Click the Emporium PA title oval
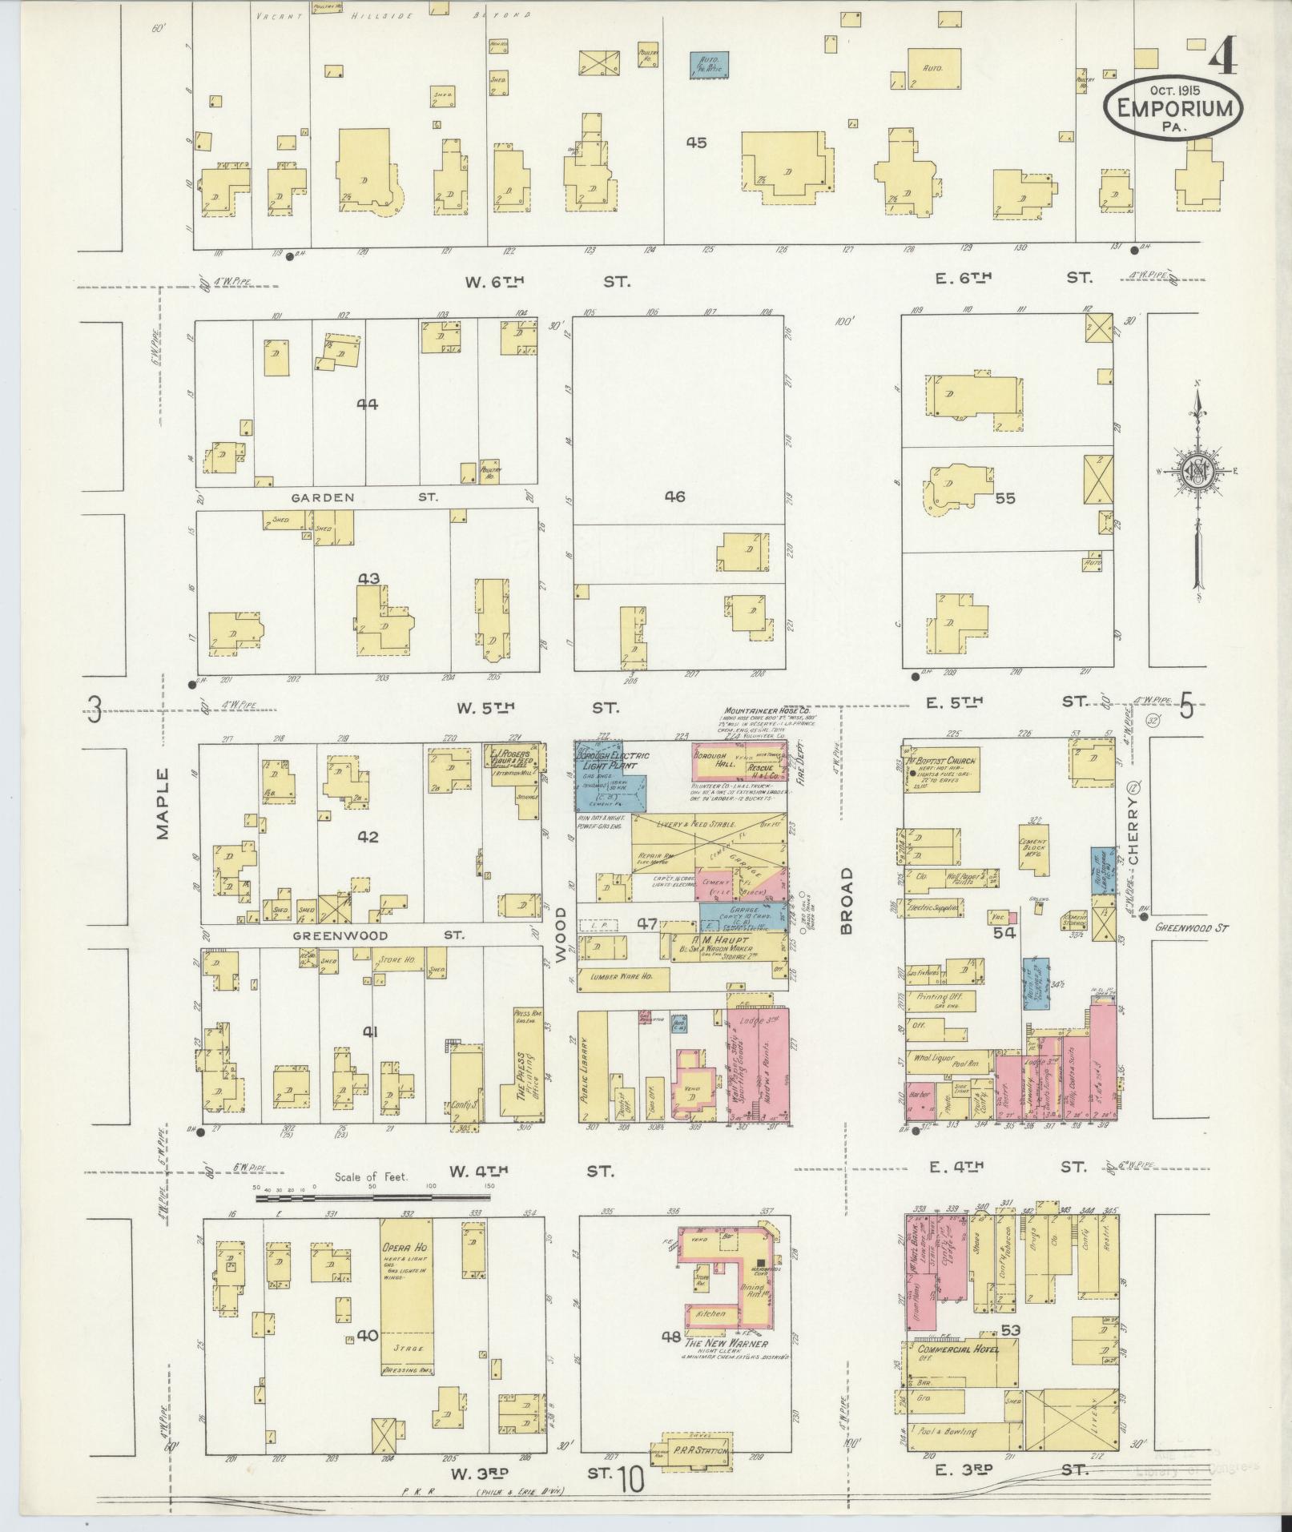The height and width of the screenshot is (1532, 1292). click(1174, 107)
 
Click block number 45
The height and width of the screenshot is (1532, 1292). click(696, 143)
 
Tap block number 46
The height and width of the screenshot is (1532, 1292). click(674, 497)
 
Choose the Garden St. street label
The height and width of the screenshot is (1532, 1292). click(364, 497)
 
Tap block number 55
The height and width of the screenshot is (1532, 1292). click(1004, 498)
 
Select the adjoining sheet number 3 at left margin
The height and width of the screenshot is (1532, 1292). click(95, 710)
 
